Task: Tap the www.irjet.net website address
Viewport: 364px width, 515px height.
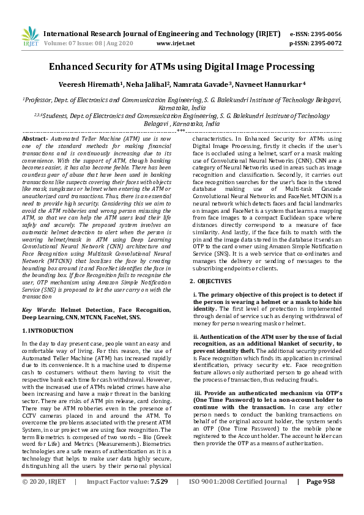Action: pos(176,43)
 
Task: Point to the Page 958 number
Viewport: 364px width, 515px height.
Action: pos(320,498)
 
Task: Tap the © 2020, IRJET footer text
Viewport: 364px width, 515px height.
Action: pos(44,498)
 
